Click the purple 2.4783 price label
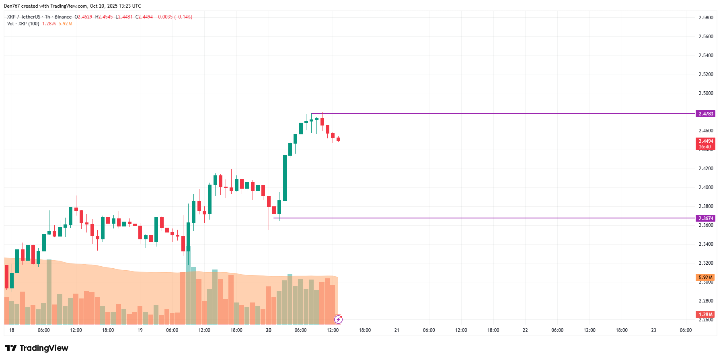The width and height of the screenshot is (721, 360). (x=706, y=114)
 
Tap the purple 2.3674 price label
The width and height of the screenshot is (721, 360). (x=706, y=218)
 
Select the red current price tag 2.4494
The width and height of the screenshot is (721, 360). (x=706, y=141)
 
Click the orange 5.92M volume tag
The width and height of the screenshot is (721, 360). (x=705, y=278)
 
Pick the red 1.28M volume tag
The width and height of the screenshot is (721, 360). (x=705, y=315)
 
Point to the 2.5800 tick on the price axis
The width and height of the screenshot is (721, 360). (x=706, y=18)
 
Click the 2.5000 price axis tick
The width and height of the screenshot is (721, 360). (x=706, y=93)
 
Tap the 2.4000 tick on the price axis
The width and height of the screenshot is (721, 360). (x=706, y=187)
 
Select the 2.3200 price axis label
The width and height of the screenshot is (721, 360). (x=706, y=263)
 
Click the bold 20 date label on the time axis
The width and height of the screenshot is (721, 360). (x=269, y=330)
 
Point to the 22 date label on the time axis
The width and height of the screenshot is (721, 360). (x=525, y=330)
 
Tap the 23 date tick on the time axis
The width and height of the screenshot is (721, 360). (x=653, y=330)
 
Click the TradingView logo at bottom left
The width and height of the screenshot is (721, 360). (x=37, y=348)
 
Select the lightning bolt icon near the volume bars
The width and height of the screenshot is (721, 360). (x=338, y=320)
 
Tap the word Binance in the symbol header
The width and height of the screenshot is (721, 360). (x=63, y=17)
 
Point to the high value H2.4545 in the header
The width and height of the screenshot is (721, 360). (x=104, y=17)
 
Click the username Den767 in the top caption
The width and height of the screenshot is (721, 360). (x=12, y=6)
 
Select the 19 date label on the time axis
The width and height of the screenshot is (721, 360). (x=140, y=330)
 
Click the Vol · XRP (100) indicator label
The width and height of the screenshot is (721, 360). (x=23, y=24)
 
